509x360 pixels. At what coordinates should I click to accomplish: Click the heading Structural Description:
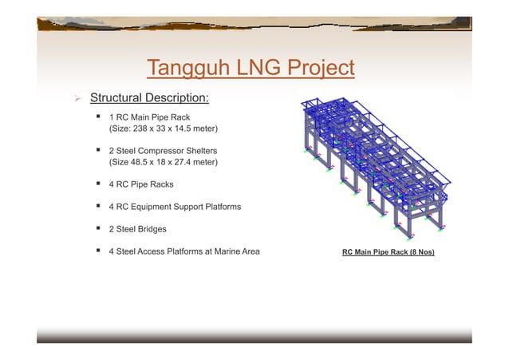pos(149,98)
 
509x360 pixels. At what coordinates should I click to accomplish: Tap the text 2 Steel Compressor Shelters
pos(168,150)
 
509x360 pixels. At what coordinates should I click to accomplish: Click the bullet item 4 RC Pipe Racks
pos(140,184)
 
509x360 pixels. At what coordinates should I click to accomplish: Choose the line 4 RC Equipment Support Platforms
pos(175,207)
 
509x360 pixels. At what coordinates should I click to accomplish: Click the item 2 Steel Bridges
pos(137,229)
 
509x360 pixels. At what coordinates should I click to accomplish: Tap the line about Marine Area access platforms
pos(183,252)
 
